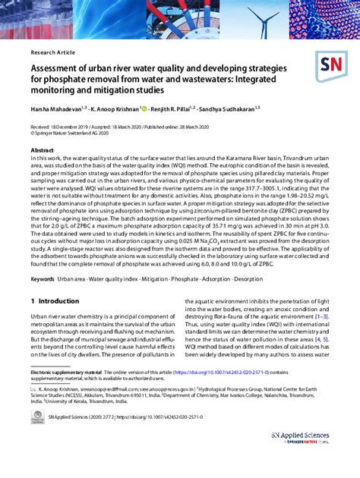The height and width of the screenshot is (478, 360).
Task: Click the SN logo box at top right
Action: (x=330, y=66)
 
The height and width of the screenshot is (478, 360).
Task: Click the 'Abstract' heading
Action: (x=42, y=150)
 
